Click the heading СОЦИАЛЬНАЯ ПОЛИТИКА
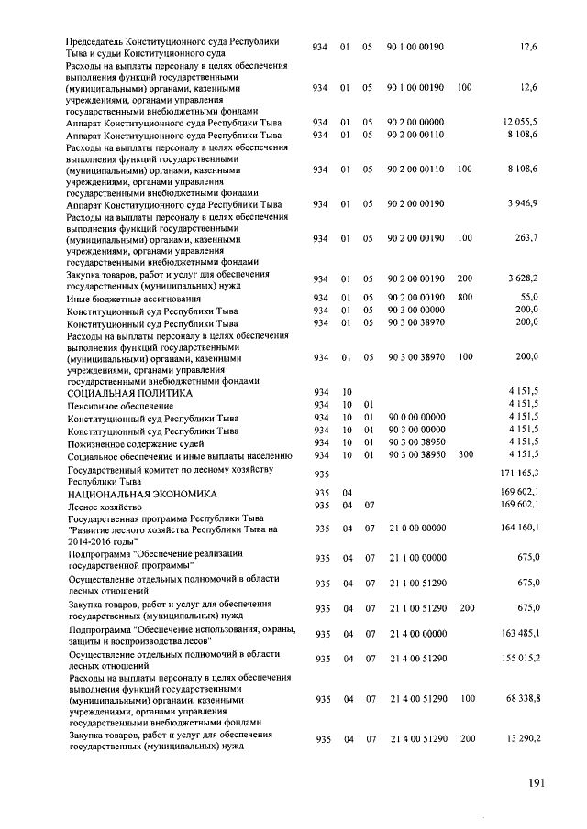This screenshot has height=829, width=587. pyautogui.click(x=129, y=392)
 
